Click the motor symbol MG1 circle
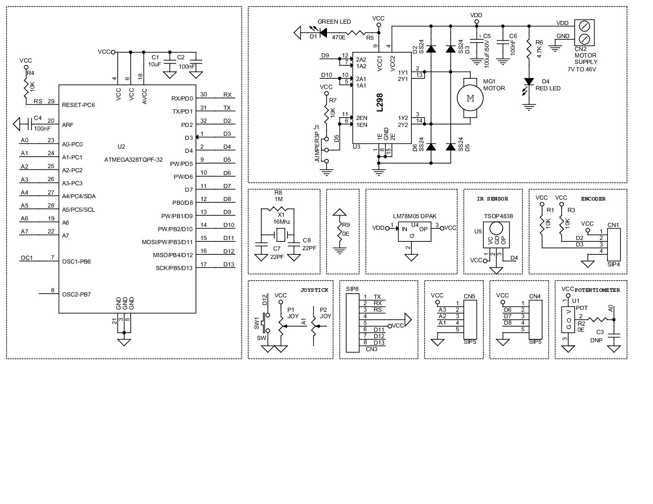pyautogui.click(x=470, y=98)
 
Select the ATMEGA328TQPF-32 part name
pyautogui.click(x=134, y=159)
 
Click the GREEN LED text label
pyautogui.click(x=334, y=22)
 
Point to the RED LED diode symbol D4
pyautogui.click(x=528, y=82)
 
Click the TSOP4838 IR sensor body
pyautogui.click(x=496, y=236)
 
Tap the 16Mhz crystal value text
pyautogui.click(x=281, y=222)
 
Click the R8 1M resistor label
pyautogui.click(x=278, y=195)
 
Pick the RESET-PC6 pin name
pyautogui.click(x=78, y=105)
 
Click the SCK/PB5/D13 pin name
pyautogui.click(x=174, y=268)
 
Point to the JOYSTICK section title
pyautogui.click(x=314, y=290)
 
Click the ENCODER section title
pyautogui.click(x=593, y=199)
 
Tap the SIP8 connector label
pyautogui.click(x=352, y=289)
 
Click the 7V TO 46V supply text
pyautogui.click(x=582, y=69)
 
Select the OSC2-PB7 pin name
pyautogui.click(x=76, y=294)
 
